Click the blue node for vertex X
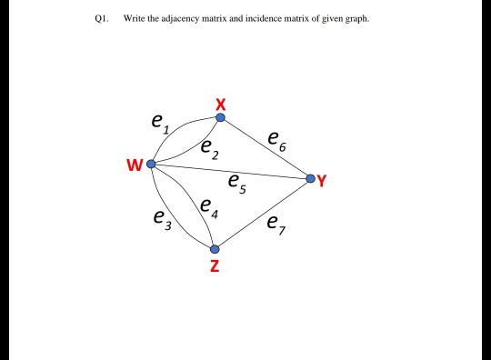tap(220, 117)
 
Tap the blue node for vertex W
tap(151, 164)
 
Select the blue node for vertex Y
tap(310, 177)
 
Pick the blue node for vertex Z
tap(215, 248)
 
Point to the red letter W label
tap(135, 165)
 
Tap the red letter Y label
tap(323, 179)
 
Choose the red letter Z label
tap(214, 266)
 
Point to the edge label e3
tap(161, 217)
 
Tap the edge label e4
tap(209, 207)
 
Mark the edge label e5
tap(237, 183)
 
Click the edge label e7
tap(276, 224)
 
